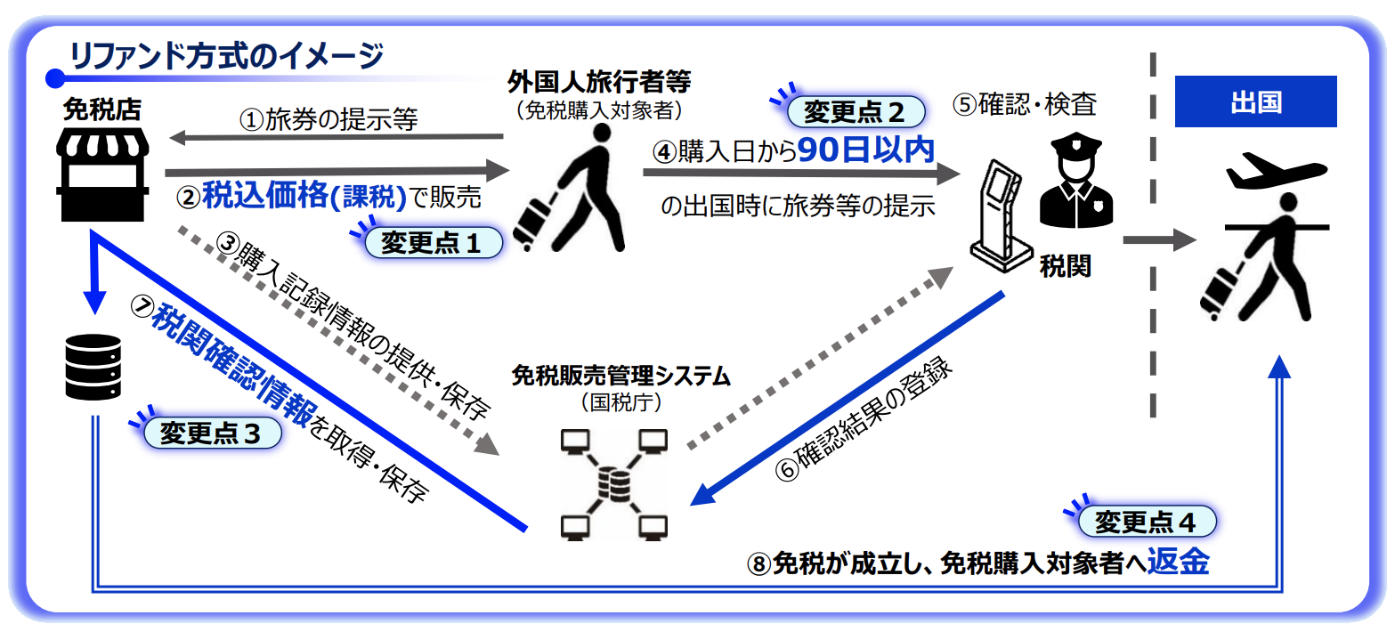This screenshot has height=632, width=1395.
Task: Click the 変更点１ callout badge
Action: coord(431,243)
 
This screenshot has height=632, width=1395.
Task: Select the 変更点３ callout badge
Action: coord(209,433)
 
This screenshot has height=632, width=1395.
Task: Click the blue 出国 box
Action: coord(1255,101)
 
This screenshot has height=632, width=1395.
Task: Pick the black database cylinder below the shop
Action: coord(92,367)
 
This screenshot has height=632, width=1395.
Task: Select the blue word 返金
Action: coord(1178,563)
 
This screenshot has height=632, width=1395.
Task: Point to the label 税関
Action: coord(1065,266)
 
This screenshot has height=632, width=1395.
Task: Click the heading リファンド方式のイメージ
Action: coord(226,57)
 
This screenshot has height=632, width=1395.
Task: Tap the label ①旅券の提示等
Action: coord(328,119)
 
